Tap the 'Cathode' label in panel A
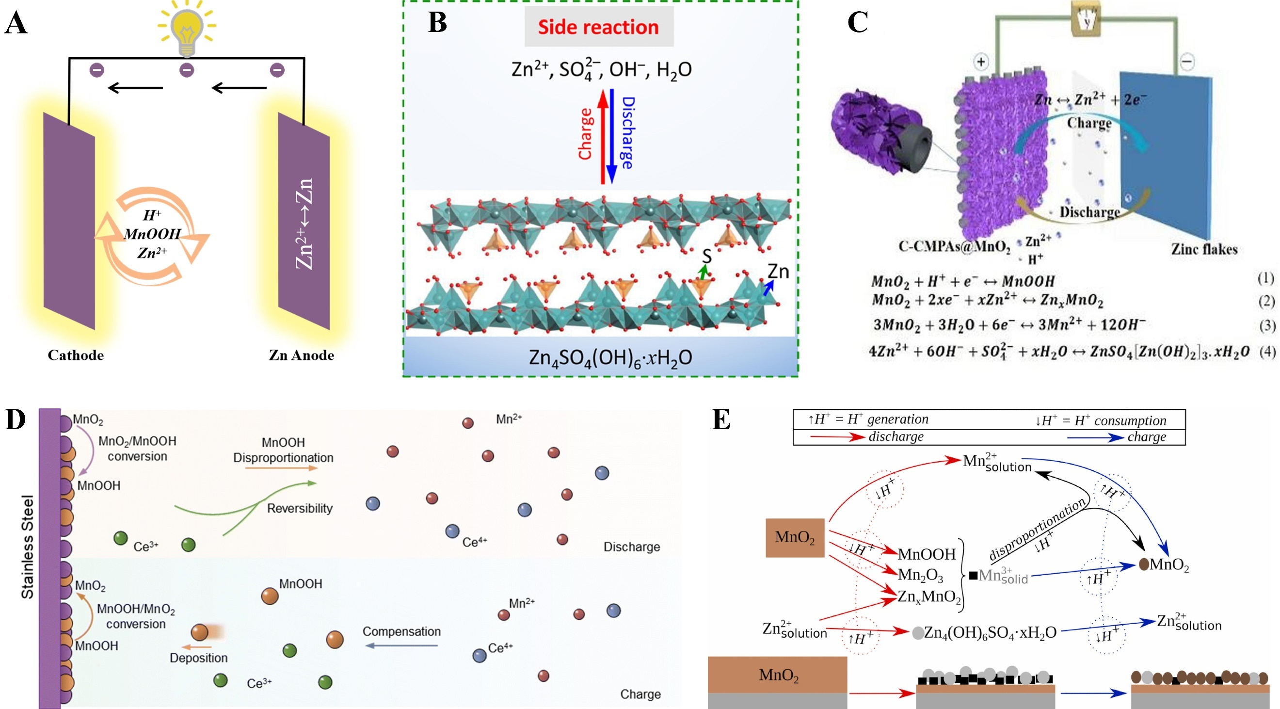pos(76,355)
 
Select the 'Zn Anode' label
pos(301,355)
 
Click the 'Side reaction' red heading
pos(598,27)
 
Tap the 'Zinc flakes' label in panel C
pos(1204,249)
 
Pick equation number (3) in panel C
pos(1266,326)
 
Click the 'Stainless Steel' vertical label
pos(27,547)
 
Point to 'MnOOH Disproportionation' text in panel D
pos(283,450)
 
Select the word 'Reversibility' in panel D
pos(300,508)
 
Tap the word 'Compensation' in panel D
pos(401,631)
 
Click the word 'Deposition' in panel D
pos(198,658)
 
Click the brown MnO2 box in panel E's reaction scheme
pos(795,538)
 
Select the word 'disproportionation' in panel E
pos(1037,529)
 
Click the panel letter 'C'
pos(858,23)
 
